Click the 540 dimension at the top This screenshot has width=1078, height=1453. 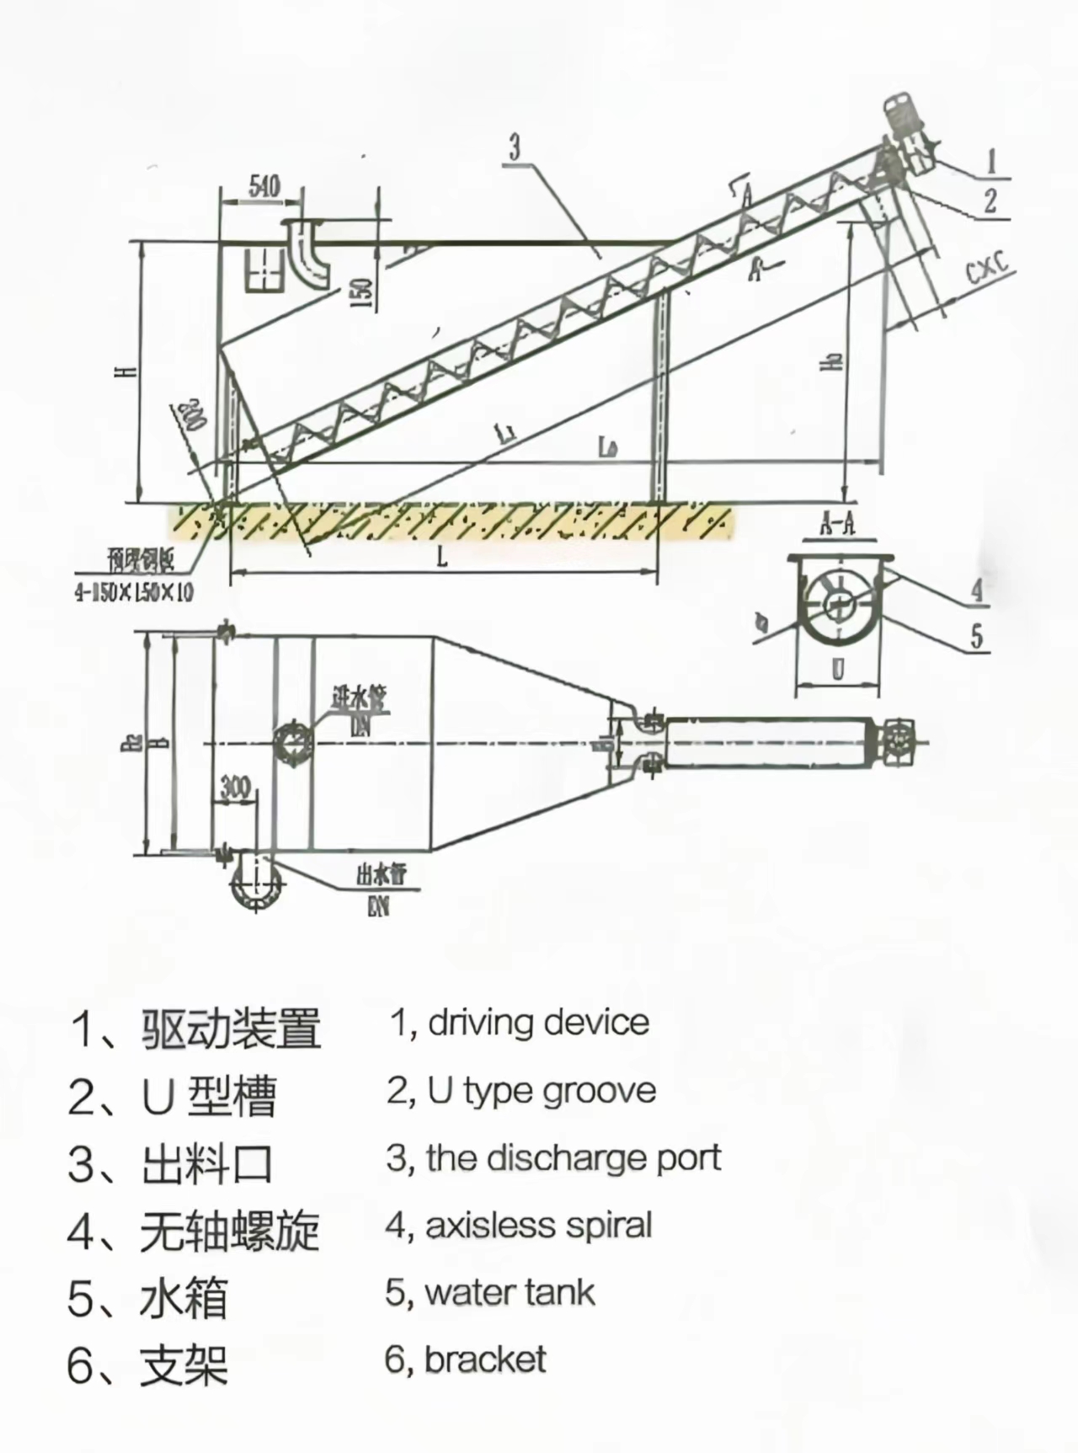click(x=264, y=186)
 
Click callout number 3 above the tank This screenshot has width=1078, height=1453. click(x=515, y=147)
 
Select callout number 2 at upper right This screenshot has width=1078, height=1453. click(x=990, y=200)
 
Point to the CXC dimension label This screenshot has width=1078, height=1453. click(x=987, y=269)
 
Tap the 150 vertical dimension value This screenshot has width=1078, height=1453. click(x=360, y=291)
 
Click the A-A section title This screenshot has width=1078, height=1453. click(x=837, y=526)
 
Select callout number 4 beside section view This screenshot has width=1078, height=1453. click(x=977, y=589)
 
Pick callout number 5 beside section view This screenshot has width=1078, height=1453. click(x=977, y=636)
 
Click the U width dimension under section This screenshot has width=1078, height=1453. click(x=838, y=670)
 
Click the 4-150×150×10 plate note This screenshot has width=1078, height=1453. click(x=134, y=593)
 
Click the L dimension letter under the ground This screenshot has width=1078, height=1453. click(x=442, y=557)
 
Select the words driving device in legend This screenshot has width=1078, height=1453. click(x=539, y=1023)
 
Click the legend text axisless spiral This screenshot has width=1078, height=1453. click(x=539, y=1225)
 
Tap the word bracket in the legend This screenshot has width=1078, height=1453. click(x=486, y=1360)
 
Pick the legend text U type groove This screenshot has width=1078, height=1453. click(x=542, y=1091)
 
